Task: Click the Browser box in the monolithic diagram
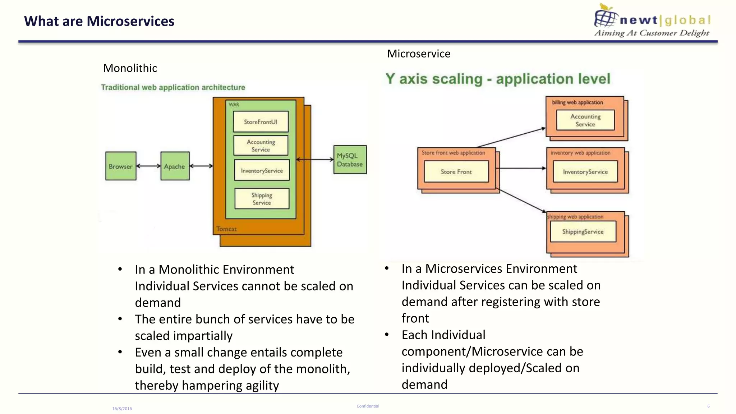(121, 166)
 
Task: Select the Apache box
(175, 166)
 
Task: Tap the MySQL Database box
(350, 160)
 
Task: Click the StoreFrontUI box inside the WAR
(261, 122)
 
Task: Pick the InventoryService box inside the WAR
(262, 170)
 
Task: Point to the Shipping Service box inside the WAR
(262, 198)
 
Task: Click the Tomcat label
(226, 229)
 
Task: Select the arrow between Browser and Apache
(148, 166)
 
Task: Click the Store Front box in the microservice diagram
(456, 172)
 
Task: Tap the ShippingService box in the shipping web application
(583, 232)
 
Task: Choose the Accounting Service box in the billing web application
(585, 120)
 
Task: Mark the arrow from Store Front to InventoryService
(521, 168)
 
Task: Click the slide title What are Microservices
(99, 21)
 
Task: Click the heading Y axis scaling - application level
(498, 79)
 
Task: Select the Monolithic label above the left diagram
(130, 68)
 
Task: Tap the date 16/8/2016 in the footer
(122, 409)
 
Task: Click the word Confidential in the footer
(368, 406)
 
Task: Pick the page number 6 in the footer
(708, 406)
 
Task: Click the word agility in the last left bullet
(262, 385)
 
